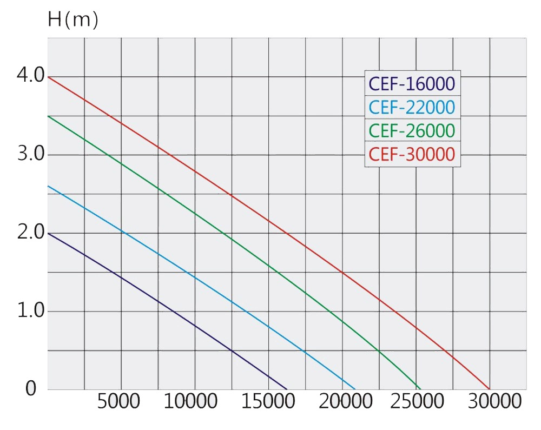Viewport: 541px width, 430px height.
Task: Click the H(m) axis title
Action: (x=73, y=21)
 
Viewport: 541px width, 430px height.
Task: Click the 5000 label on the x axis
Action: (x=119, y=402)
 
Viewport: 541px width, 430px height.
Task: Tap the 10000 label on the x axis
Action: (x=193, y=402)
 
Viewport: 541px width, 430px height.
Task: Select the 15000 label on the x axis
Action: (x=266, y=402)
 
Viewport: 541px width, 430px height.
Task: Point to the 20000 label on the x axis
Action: (x=341, y=402)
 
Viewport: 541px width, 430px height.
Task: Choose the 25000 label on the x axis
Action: (x=414, y=402)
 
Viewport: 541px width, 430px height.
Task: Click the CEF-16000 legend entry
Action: (x=412, y=84)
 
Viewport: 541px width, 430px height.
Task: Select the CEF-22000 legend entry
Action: (x=412, y=107)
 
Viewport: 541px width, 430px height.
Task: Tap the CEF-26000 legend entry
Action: (x=412, y=131)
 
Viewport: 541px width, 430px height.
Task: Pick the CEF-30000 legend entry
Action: (x=412, y=155)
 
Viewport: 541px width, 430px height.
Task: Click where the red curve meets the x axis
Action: (x=490, y=389)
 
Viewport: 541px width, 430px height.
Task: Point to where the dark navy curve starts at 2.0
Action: (x=48, y=233)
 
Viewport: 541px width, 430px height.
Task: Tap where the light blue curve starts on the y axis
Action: (x=48, y=186)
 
